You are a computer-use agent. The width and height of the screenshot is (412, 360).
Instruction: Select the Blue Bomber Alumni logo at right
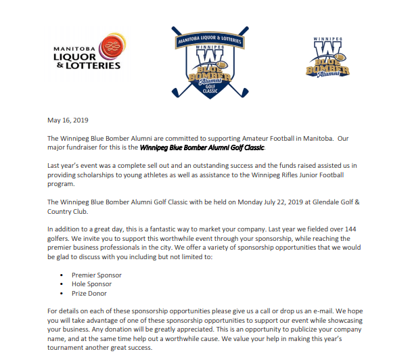327,59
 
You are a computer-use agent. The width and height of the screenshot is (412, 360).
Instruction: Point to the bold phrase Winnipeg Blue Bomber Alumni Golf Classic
203,147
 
